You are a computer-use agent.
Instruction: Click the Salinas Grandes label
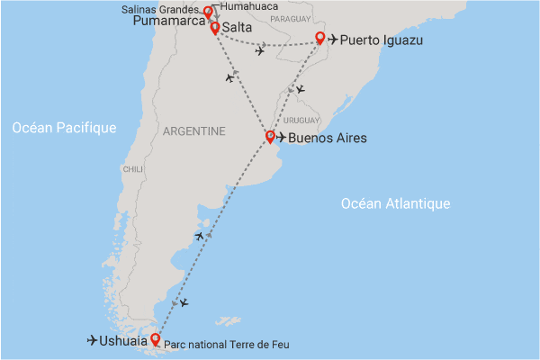167,8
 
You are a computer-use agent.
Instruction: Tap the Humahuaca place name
245,5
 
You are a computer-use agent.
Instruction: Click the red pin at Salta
215,28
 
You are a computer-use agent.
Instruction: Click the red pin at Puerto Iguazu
320,39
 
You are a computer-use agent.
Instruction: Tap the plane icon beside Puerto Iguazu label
335,40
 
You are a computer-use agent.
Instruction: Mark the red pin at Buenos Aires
270,138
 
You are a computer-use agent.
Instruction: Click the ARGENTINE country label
194,131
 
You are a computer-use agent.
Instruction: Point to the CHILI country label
132,169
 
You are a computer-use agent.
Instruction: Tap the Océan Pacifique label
65,129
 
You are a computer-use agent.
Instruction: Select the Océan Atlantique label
395,204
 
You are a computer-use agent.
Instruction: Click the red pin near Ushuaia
156,339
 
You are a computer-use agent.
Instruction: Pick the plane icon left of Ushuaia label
93,340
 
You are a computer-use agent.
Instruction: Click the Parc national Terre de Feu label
228,345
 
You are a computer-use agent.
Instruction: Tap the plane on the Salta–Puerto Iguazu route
260,50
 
